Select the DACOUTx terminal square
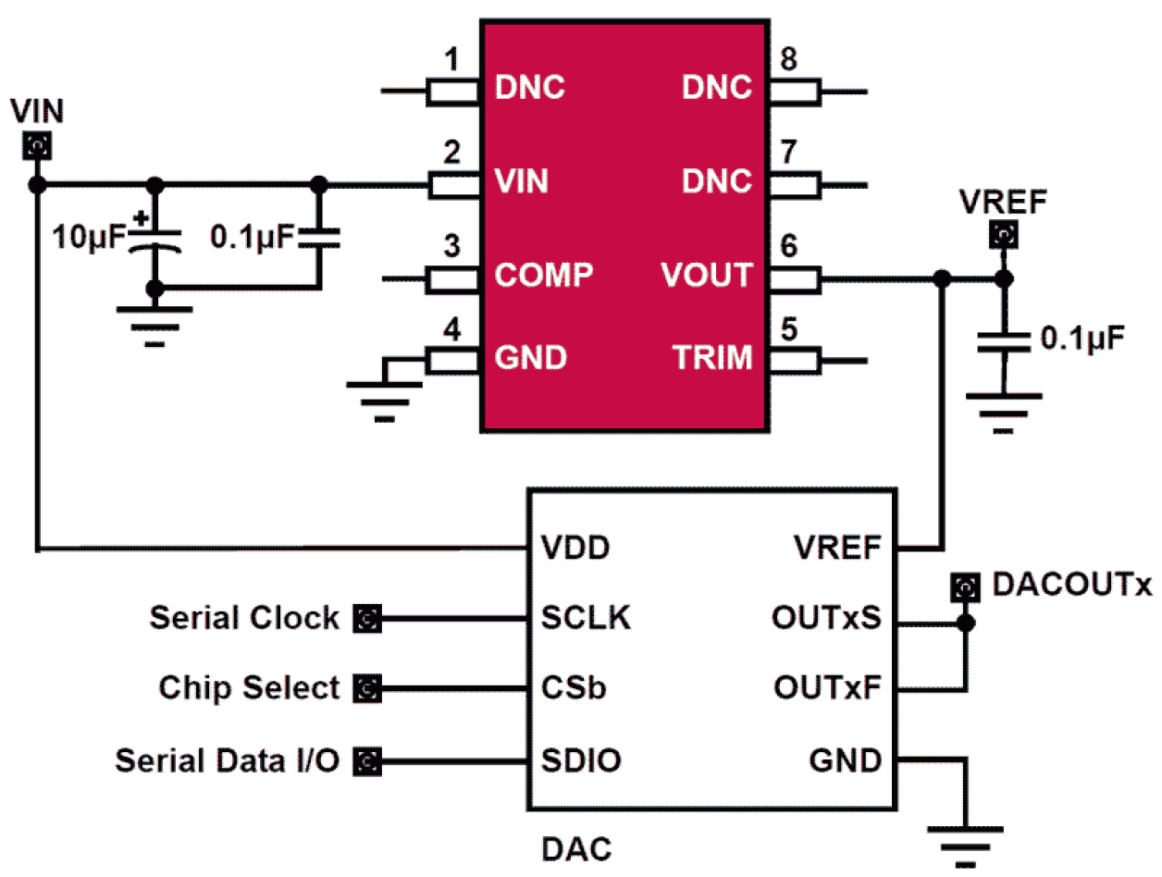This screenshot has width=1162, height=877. pyautogui.click(x=965, y=587)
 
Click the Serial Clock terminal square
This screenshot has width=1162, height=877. pyautogui.click(x=367, y=619)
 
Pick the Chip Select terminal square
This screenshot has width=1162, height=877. pyautogui.click(x=367, y=689)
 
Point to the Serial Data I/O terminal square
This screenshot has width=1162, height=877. pyautogui.click(x=367, y=761)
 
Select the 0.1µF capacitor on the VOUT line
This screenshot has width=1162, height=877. pyautogui.click(x=1001, y=340)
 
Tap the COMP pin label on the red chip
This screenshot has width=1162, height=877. pyautogui.click(x=543, y=276)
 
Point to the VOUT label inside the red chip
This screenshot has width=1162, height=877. pyautogui.click(x=706, y=276)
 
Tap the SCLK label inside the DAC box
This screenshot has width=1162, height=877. pyautogui.click(x=585, y=619)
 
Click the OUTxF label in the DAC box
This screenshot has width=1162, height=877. pyautogui.click(x=828, y=689)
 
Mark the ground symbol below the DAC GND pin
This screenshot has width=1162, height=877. pyautogui.click(x=965, y=838)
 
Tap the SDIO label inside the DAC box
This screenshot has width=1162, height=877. pyautogui.click(x=580, y=761)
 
